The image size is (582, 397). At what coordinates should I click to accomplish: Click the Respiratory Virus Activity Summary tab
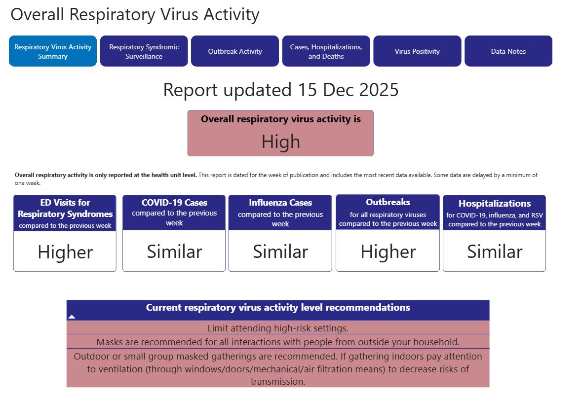[53, 51]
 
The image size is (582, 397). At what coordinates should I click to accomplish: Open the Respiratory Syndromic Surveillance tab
[144, 51]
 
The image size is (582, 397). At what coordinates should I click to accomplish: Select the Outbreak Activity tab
[235, 51]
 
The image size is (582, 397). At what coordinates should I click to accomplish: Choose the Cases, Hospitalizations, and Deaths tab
[326, 51]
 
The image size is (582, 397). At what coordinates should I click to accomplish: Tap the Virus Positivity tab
[417, 51]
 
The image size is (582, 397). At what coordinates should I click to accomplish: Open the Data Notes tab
[508, 51]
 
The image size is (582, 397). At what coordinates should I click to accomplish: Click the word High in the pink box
[280, 142]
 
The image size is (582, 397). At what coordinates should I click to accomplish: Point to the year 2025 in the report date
[379, 90]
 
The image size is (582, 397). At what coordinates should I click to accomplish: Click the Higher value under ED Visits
[65, 253]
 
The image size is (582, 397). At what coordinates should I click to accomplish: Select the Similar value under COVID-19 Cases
[174, 252]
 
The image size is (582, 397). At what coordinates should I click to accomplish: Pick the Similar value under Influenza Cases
[280, 252]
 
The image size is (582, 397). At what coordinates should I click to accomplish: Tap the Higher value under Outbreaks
[388, 252]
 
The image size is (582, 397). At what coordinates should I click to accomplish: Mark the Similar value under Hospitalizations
[495, 252]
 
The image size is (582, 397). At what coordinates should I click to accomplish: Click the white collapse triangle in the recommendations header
[72, 317]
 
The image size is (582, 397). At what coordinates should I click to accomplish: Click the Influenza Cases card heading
[280, 203]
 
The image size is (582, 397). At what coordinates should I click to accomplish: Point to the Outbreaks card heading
[388, 202]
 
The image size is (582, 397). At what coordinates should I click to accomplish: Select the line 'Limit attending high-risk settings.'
[278, 328]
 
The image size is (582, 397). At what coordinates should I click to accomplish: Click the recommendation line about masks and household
[278, 342]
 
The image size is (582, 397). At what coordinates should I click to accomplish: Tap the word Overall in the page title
[38, 15]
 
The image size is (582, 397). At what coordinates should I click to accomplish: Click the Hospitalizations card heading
[495, 204]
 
